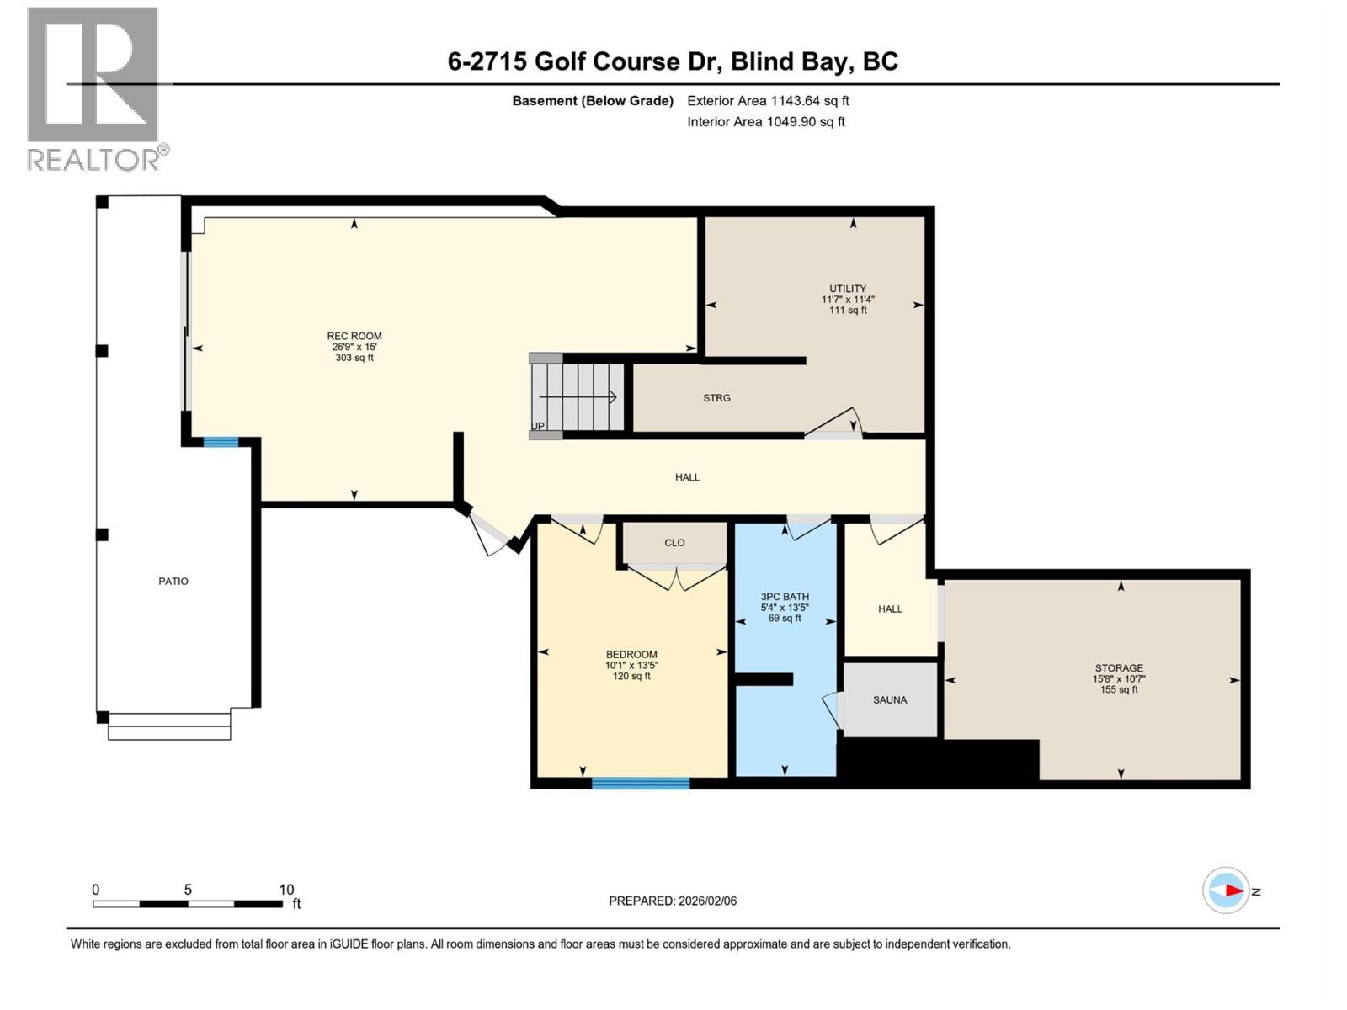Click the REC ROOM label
pyautogui.click(x=354, y=336)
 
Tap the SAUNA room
pyautogui.click(x=890, y=700)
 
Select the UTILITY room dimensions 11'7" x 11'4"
pyautogui.click(x=848, y=300)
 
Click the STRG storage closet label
pyautogui.click(x=716, y=398)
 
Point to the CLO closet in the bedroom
pyautogui.click(x=674, y=543)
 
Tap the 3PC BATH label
pyautogui.click(x=785, y=597)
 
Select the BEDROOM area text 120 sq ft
pyautogui.click(x=631, y=676)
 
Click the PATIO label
pyautogui.click(x=173, y=582)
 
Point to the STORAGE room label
pyautogui.click(x=1119, y=668)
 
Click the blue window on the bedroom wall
pyautogui.click(x=641, y=784)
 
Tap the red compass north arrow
pyautogui.click(x=1233, y=890)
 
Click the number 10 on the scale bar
pyautogui.click(x=286, y=890)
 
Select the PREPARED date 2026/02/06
pyautogui.click(x=706, y=901)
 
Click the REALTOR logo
pyautogui.click(x=93, y=88)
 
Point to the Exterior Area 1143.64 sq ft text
pyautogui.click(x=768, y=101)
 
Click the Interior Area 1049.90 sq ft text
pyautogui.click(x=765, y=122)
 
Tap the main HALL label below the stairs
pyautogui.click(x=687, y=477)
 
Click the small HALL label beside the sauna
pyautogui.click(x=890, y=609)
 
